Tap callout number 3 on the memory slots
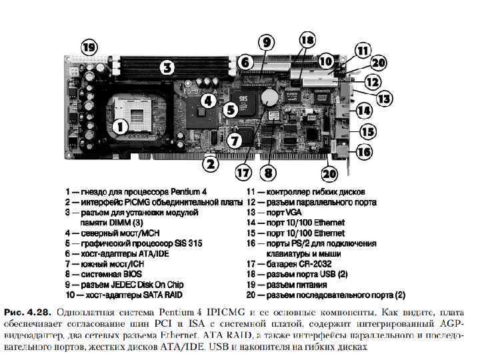[167, 67]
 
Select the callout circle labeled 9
[266, 43]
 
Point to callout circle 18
[306, 39]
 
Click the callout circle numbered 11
[362, 50]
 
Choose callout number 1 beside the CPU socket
[120, 125]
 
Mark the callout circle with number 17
[244, 173]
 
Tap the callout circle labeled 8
[269, 173]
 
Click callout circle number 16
[364, 152]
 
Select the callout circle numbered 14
[364, 110]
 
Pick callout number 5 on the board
[230, 109]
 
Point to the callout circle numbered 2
[210, 162]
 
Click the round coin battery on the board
[269, 98]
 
